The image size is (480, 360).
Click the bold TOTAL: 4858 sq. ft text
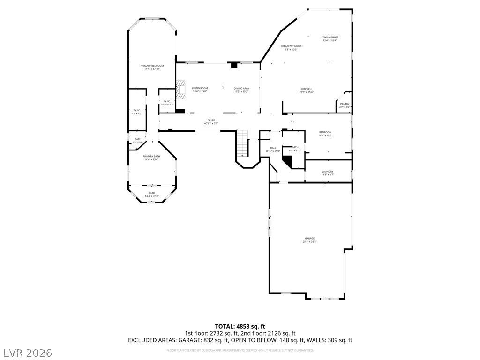[x=240, y=326]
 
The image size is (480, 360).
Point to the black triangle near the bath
[x=286, y=160]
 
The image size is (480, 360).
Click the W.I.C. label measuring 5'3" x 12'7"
[x=138, y=112]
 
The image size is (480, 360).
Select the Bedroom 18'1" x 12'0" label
[x=325, y=134]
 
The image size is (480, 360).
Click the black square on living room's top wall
[x=234, y=65]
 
